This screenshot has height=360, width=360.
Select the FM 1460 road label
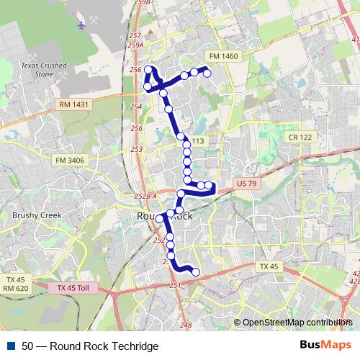tap(221, 56)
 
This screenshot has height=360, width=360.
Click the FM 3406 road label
tap(68, 160)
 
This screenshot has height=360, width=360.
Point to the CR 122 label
tap(301, 137)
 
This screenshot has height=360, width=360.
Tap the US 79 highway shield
tap(246, 184)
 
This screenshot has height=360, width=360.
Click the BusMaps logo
tap(326, 346)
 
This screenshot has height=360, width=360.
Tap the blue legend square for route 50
tap(11, 346)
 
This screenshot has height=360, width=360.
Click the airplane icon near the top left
tap(81, 24)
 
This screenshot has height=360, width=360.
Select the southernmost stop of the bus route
tap(195, 271)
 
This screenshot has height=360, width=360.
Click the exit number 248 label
tap(186, 325)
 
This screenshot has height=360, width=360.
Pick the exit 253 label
tap(136, 149)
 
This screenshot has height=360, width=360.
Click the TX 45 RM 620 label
tap(15, 284)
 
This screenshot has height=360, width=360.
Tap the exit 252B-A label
tap(145, 195)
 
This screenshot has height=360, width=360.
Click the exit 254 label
tap(136, 107)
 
